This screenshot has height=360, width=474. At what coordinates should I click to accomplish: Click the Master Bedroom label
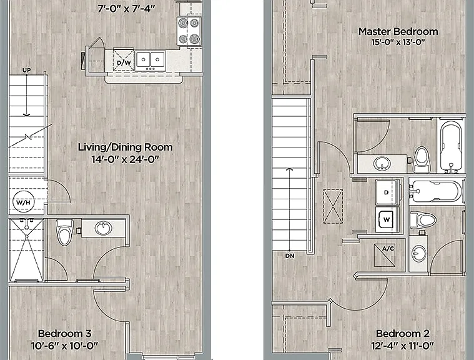click(398, 31)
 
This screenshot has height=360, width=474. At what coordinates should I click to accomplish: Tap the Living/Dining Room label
click(126, 147)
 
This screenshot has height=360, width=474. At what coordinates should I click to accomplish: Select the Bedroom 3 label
click(65, 334)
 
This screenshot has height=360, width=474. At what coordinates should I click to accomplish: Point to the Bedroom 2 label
click(403, 334)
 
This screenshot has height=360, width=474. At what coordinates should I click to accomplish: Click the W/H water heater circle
click(24, 202)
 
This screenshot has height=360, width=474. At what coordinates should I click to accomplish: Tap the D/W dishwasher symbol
click(124, 59)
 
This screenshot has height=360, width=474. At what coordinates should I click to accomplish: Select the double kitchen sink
click(151, 60)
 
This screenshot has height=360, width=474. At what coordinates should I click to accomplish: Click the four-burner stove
click(189, 31)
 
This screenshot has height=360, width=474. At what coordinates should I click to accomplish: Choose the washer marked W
click(388, 219)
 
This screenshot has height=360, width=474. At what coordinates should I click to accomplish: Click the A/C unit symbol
click(385, 256)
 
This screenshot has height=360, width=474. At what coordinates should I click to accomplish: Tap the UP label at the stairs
click(27, 71)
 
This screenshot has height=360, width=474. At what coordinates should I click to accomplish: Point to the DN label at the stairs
click(290, 256)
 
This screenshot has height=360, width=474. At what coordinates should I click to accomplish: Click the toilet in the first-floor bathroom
click(65, 232)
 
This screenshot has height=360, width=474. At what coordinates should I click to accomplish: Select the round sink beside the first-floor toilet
click(103, 228)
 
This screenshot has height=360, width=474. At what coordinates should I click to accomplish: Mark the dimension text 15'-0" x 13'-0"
click(398, 42)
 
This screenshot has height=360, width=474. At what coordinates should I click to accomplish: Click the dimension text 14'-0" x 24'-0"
click(126, 159)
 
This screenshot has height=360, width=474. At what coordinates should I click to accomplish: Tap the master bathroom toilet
click(422, 159)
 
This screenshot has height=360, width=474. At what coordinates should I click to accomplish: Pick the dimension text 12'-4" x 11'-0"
click(403, 346)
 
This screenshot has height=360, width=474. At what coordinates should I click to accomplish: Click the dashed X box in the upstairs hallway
click(333, 206)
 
